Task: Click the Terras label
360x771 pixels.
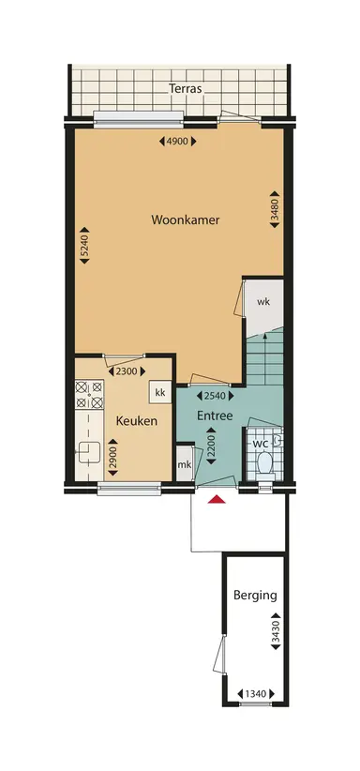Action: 185,90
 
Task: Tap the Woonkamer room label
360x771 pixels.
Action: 185,219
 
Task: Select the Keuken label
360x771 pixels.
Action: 136,421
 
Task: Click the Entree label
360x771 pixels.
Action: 214,416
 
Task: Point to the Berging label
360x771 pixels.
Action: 254,595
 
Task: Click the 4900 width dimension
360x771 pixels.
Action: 178,142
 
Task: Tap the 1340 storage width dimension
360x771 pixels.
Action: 254,693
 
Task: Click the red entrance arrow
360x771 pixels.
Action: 217,500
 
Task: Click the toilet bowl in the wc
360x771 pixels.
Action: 264,463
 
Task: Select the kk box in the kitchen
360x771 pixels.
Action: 160,392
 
